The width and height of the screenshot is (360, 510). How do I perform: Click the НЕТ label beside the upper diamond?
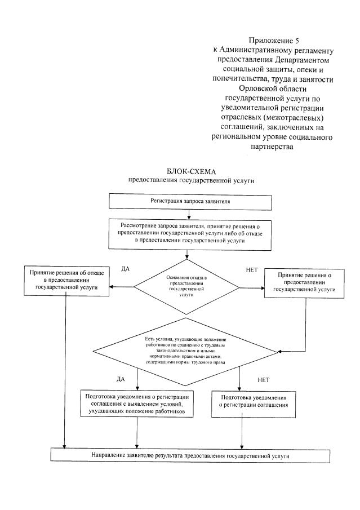tap(252, 270)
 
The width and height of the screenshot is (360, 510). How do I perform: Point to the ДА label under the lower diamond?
tap(120, 379)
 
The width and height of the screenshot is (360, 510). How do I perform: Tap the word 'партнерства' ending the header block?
tap(272, 147)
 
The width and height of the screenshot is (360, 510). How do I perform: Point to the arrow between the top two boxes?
tap(188, 213)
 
